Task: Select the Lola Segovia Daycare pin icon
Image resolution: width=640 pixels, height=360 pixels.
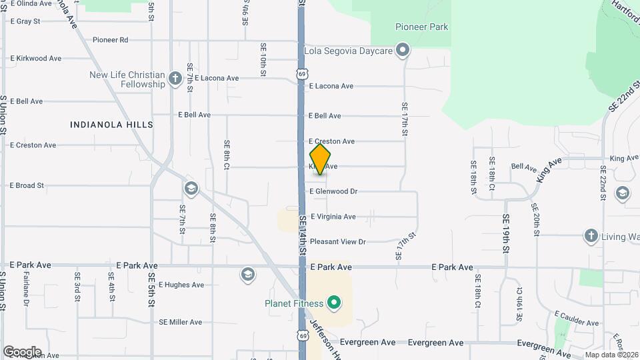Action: tap(403, 50)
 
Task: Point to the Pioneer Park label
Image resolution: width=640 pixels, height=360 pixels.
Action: tap(421, 27)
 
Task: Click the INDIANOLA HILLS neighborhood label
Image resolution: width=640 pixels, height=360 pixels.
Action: tap(112, 125)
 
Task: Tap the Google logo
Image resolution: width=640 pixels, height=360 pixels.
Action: tap(22, 352)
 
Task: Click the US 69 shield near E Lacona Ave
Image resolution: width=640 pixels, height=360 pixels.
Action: tap(303, 73)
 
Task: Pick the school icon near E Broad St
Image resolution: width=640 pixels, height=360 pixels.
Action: tap(191, 189)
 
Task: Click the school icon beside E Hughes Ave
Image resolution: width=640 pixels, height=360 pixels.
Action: tap(248, 275)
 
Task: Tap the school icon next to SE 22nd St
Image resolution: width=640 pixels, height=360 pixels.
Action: tap(622, 193)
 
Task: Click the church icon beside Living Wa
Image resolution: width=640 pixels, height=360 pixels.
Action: tap(591, 236)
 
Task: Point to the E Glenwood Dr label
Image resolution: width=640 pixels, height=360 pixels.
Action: tap(343, 191)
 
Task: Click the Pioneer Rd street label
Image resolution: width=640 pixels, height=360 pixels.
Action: tap(110, 40)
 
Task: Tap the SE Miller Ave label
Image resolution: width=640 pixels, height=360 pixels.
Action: tap(180, 322)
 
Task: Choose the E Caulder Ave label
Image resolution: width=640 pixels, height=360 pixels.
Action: tap(576, 314)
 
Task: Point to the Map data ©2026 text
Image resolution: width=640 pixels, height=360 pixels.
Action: tap(611, 355)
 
